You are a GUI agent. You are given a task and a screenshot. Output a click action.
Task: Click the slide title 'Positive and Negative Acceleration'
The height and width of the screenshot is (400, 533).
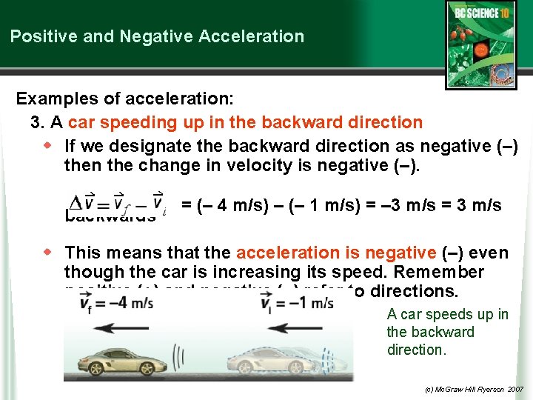point(157,36)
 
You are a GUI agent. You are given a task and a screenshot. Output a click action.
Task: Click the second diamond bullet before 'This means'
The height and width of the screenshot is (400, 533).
point(50,253)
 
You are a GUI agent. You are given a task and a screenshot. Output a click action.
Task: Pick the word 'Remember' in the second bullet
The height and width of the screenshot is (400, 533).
point(442,272)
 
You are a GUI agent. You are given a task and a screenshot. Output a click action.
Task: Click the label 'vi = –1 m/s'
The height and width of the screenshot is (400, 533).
point(297,303)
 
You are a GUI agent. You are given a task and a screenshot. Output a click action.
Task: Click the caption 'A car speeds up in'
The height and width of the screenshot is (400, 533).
point(447,315)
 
